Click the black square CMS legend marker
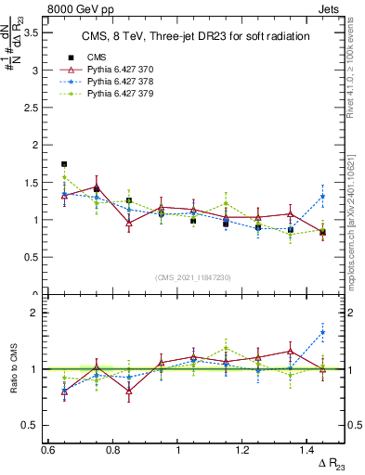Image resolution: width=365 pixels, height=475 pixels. pyautogui.click(x=71, y=58)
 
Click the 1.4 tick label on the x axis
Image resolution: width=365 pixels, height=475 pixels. pyautogui.click(x=307, y=450)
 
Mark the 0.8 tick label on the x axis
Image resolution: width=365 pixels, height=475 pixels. pyautogui.click(x=112, y=450)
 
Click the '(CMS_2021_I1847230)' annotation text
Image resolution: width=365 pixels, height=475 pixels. pyautogui.click(x=194, y=277)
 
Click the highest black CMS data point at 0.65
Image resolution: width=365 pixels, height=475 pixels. pyautogui.click(x=64, y=164)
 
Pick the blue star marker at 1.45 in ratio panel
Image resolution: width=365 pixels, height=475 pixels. pyautogui.click(x=322, y=332)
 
